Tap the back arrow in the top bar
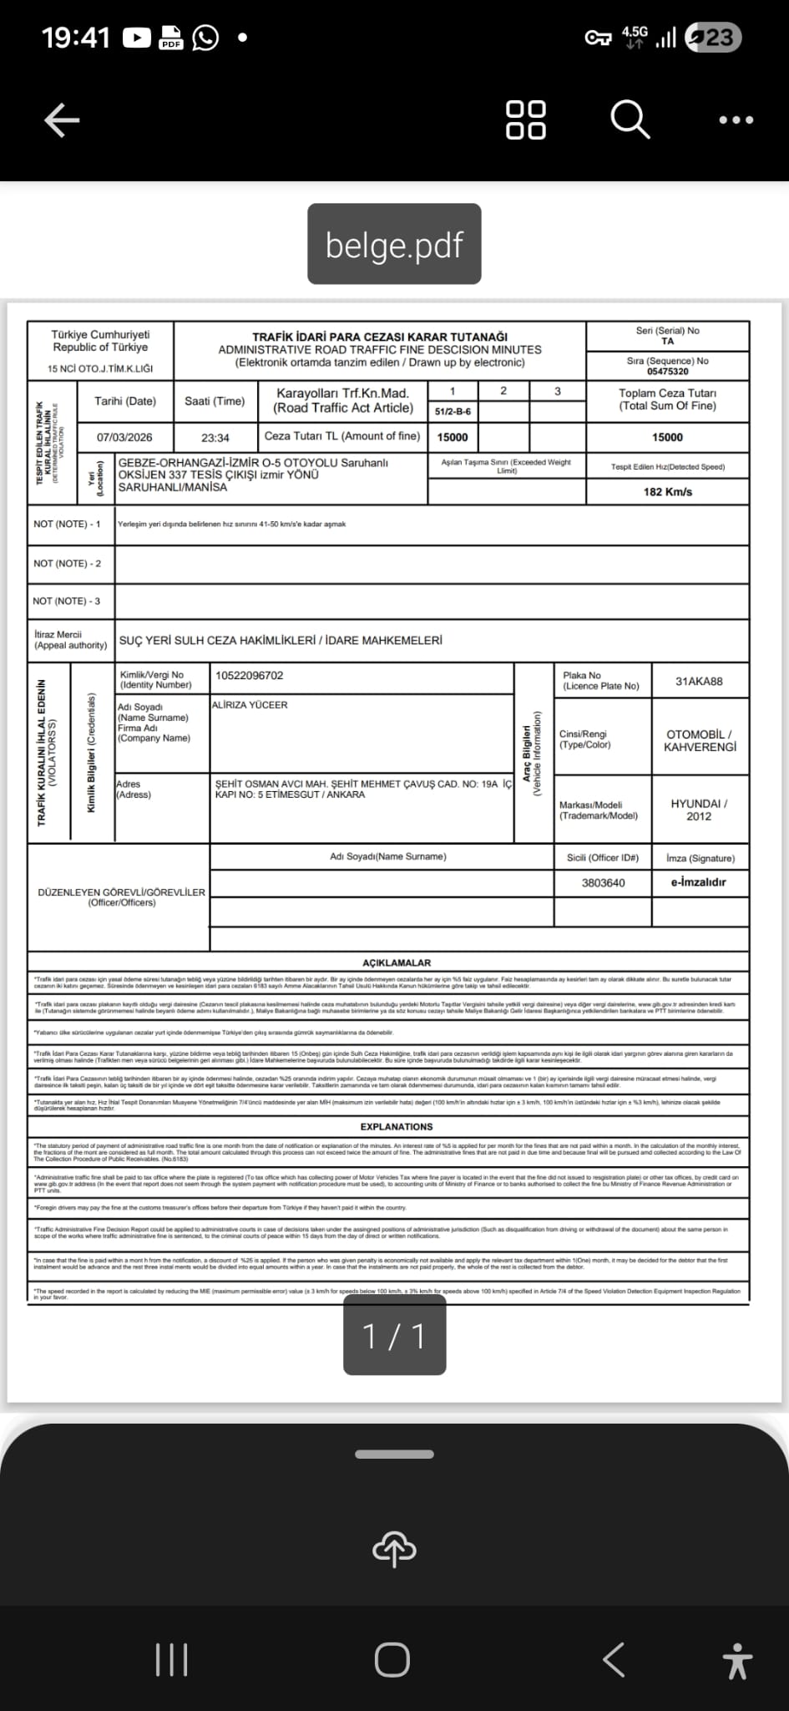click(x=62, y=120)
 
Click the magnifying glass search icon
click(x=630, y=119)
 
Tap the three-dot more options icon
click(x=736, y=120)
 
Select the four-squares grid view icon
click(x=526, y=119)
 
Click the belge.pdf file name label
click(x=394, y=245)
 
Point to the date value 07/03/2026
click(x=124, y=437)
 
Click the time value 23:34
click(x=215, y=437)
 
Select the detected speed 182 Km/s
click(x=667, y=491)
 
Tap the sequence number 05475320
click(x=667, y=372)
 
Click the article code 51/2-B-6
click(x=453, y=412)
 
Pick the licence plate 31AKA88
click(x=699, y=681)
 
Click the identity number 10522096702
click(x=249, y=675)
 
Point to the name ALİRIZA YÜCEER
click(x=250, y=705)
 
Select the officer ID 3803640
click(x=603, y=882)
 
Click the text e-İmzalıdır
click(x=698, y=882)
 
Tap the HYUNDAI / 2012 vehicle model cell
click(x=699, y=810)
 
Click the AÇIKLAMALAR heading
click(x=397, y=962)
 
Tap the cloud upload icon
click(x=394, y=1549)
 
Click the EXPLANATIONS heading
click(x=397, y=1127)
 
